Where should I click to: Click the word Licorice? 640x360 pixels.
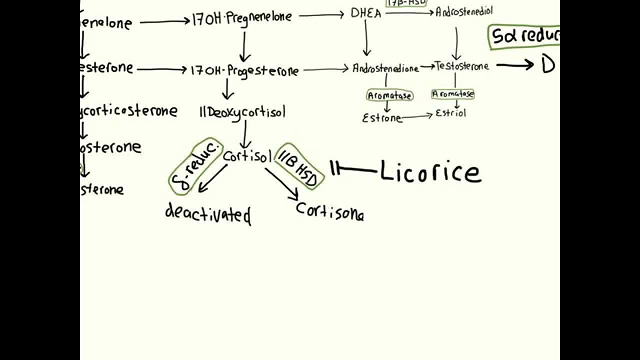430,171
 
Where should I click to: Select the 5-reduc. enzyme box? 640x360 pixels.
195,166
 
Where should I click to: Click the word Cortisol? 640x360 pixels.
247,156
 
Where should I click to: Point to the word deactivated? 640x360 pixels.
207,213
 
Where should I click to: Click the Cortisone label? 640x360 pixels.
330,212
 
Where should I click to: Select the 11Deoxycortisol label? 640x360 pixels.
242,112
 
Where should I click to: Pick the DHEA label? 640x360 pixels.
365,14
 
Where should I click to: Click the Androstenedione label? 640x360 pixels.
385,68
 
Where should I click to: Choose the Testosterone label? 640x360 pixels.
461,66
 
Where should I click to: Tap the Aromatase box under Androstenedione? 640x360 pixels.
389,95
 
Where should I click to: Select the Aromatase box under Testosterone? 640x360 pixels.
453,94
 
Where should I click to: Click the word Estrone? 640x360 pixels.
381,118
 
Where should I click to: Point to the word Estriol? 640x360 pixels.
450,113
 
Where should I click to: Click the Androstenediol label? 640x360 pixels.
464,11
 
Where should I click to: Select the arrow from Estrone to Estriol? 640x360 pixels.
417,116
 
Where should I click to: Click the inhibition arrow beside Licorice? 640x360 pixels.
352,169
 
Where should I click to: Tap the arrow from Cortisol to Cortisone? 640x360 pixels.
281,182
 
